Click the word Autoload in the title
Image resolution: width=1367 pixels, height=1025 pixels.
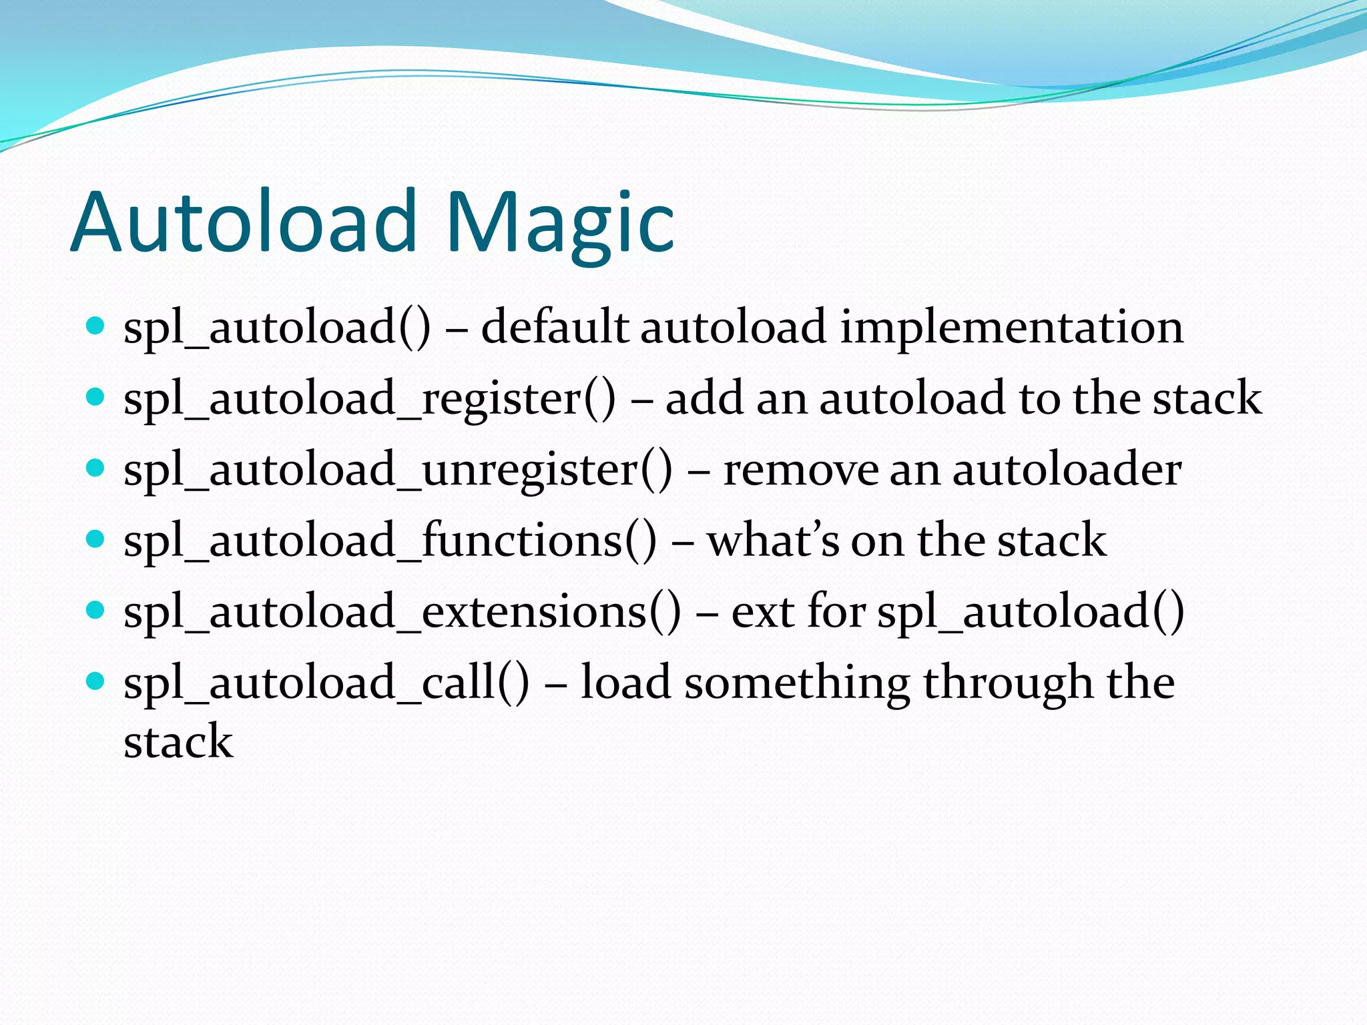click(x=243, y=222)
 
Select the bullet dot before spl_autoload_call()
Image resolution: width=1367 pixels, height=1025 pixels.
click(x=96, y=681)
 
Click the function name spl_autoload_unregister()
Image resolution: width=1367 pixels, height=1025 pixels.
click(x=398, y=470)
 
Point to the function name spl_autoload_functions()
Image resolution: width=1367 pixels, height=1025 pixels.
click(x=390, y=541)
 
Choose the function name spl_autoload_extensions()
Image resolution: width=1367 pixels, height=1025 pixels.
click(x=402, y=612)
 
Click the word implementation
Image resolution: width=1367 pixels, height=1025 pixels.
click(x=1011, y=328)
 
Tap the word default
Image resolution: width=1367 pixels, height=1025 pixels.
click(x=555, y=327)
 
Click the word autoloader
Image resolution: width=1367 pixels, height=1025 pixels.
click(x=1067, y=470)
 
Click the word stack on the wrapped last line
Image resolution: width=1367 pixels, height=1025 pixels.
click(x=178, y=741)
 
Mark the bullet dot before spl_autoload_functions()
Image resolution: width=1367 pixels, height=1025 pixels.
click(x=96, y=539)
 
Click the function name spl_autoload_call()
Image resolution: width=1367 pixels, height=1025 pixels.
click(x=326, y=683)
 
